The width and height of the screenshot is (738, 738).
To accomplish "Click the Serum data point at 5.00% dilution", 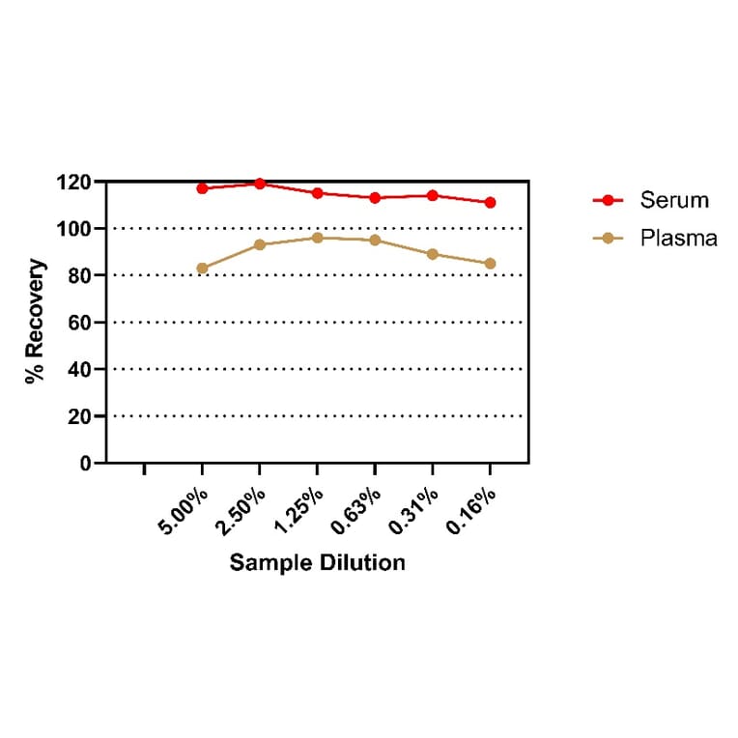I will click(202, 188).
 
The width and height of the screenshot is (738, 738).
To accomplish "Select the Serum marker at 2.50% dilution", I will click(260, 184).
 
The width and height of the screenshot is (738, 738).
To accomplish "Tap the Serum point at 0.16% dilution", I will click(490, 203).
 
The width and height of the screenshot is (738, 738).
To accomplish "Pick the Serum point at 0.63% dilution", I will click(375, 198).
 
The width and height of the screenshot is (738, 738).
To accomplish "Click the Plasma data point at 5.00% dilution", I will click(202, 269).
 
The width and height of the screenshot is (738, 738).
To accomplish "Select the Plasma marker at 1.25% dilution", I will click(317, 238).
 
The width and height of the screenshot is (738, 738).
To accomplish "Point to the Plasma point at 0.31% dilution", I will click(433, 254).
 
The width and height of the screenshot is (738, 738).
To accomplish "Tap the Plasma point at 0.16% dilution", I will click(490, 264).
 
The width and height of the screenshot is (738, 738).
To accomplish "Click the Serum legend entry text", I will click(673, 201).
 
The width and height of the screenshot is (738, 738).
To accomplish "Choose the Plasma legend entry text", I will click(678, 239).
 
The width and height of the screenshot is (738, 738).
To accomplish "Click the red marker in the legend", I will click(608, 201).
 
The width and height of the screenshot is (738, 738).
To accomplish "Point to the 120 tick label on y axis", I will click(73, 183).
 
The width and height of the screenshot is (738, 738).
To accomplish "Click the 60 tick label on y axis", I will click(79, 323).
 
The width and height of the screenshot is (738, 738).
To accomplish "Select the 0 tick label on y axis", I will click(86, 464).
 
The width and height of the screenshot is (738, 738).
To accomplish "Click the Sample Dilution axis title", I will click(317, 562).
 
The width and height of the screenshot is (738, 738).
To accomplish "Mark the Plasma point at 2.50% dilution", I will click(260, 244).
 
